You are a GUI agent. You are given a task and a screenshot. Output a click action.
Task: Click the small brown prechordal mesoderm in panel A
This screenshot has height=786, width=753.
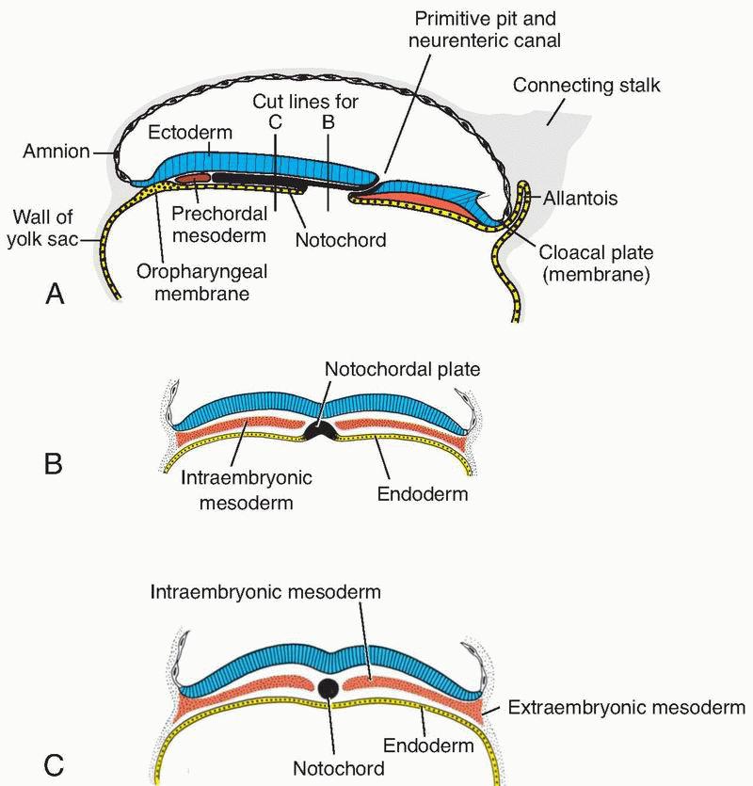point(195,176)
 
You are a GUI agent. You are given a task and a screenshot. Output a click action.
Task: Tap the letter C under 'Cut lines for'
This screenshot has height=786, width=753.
point(276,120)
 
